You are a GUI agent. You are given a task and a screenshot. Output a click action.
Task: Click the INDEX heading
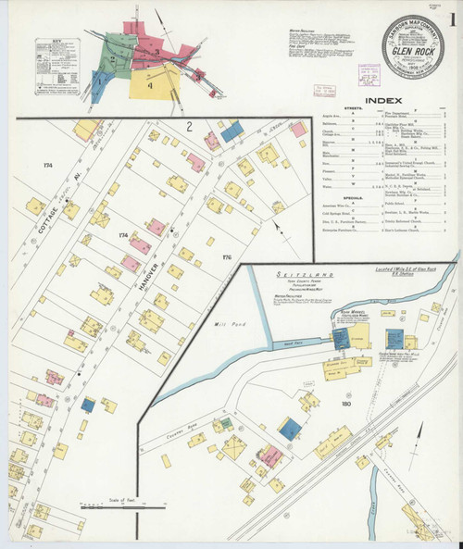(x=382, y=100)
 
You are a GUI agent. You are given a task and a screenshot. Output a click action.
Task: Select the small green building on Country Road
(x=224, y=425)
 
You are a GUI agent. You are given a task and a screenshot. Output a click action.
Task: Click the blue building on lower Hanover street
(x=88, y=405)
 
